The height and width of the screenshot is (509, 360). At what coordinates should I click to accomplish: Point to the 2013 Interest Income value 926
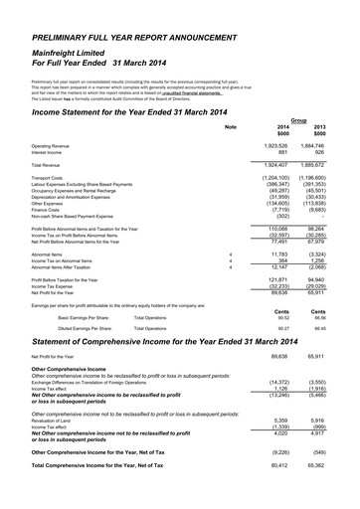(x=329, y=152)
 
